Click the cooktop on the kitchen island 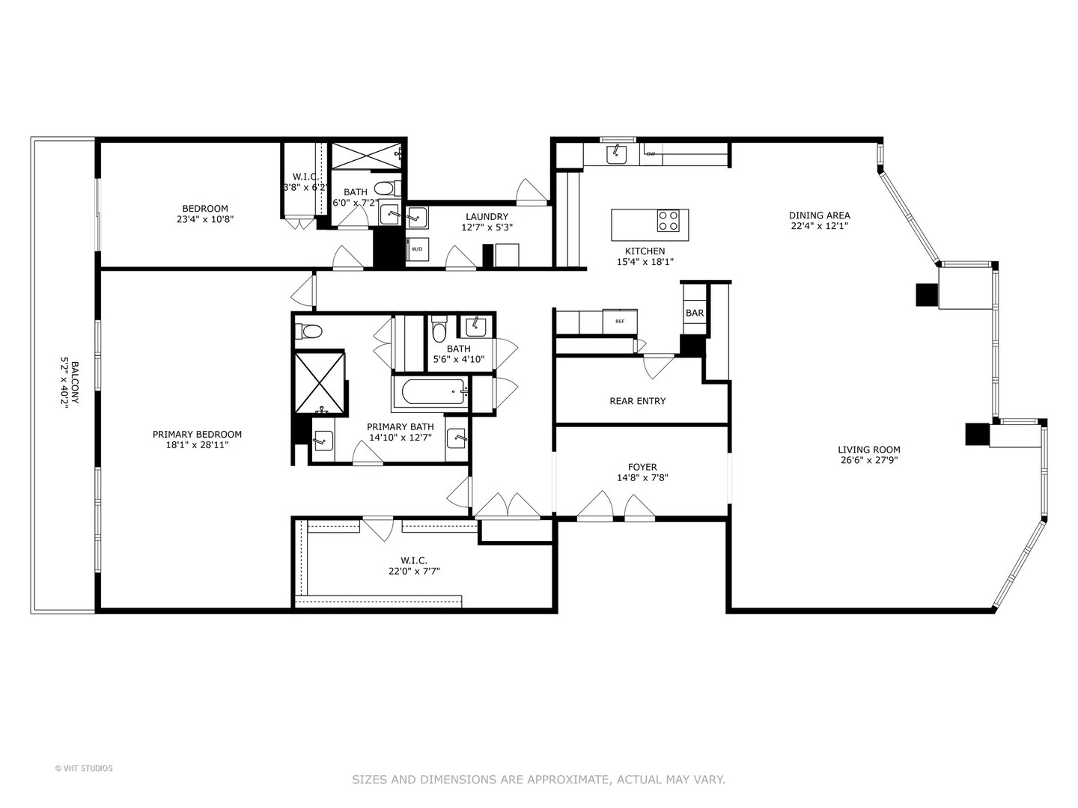coord(668,221)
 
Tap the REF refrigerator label coord(620,321)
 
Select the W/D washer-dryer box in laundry coord(416,249)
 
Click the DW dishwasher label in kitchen coord(651,154)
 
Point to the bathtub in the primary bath coord(430,392)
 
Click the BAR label coord(695,313)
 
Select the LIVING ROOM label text coord(868,450)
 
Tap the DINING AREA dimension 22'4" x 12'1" coord(820,226)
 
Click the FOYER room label coord(642,467)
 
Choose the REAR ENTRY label coord(637,401)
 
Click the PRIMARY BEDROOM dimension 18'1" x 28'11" coord(197,445)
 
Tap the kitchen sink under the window coord(617,153)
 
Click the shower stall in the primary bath coord(320,382)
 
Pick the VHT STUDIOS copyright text coord(84,768)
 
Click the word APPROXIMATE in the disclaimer coord(567,780)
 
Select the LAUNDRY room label coord(487,217)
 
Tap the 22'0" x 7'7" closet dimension coord(414,571)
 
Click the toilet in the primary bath coord(309,331)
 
